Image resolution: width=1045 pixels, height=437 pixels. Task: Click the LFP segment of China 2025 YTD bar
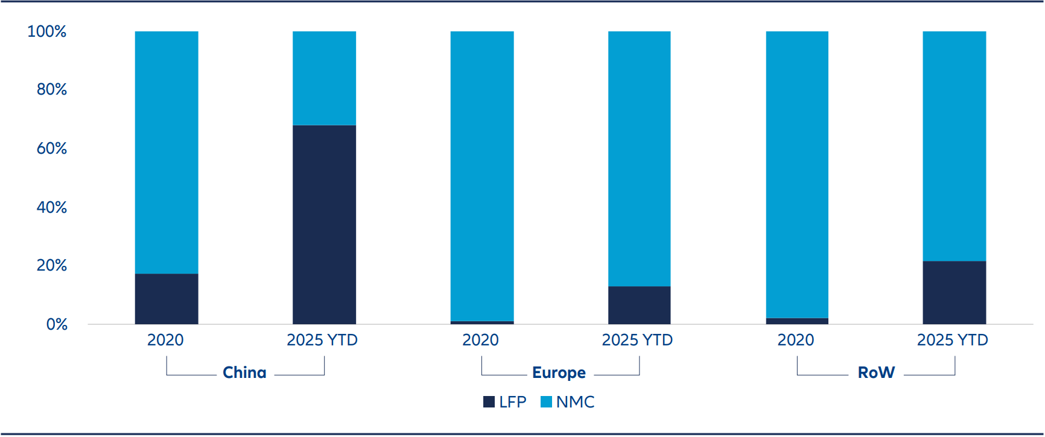[x=324, y=224]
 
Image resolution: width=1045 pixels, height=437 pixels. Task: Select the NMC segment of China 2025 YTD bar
[x=324, y=78]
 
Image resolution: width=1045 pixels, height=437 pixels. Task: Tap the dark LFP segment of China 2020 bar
[x=167, y=299]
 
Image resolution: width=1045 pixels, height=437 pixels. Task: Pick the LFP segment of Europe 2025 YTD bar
[x=639, y=305]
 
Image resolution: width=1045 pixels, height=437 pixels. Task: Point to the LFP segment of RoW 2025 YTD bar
[x=954, y=292]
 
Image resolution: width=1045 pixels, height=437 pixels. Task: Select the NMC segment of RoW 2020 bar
[x=796, y=175]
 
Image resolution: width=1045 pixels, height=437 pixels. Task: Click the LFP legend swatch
[x=489, y=402]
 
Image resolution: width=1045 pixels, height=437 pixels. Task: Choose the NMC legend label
[x=575, y=402]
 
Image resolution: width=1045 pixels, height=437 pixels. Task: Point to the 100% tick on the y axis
[x=47, y=31]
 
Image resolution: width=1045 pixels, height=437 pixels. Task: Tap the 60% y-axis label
[x=51, y=148]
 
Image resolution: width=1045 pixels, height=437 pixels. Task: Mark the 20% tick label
[x=51, y=265]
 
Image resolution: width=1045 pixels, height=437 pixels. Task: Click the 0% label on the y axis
[x=57, y=324]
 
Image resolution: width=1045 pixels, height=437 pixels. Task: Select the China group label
[x=244, y=373]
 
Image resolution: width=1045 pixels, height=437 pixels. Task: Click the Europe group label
[x=559, y=373]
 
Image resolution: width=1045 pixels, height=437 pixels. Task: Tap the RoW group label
[x=876, y=373]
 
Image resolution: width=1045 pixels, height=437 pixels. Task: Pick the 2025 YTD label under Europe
[x=637, y=340]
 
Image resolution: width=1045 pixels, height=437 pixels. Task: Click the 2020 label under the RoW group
[x=795, y=340]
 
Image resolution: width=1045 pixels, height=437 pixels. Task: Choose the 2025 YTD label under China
[x=322, y=340]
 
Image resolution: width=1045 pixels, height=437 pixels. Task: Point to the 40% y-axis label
[x=51, y=207]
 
